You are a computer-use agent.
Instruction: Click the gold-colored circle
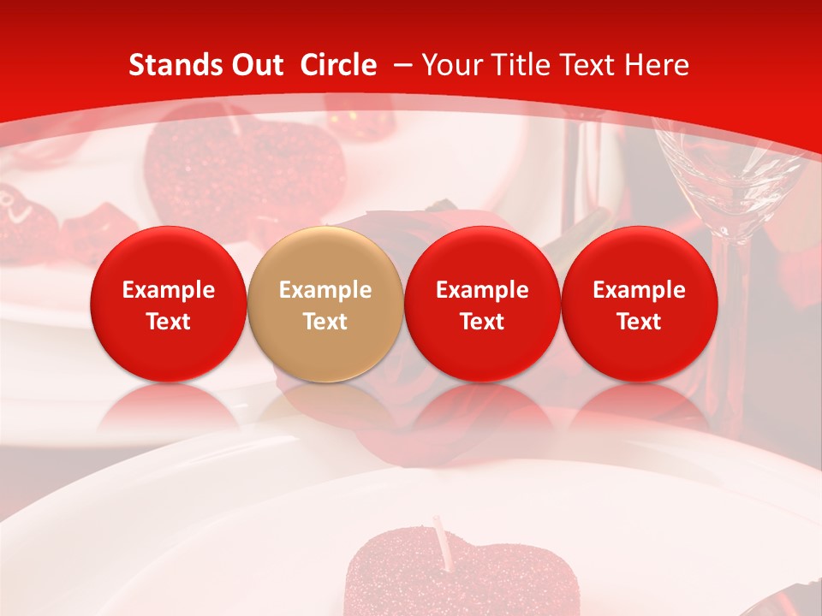[x=325, y=304]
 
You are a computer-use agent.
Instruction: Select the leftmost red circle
[x=168, y=304]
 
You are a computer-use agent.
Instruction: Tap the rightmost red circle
[x=639, y=304]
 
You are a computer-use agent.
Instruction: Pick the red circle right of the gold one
[x=482, y=304]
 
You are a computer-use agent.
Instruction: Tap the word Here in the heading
[x=658, y=65]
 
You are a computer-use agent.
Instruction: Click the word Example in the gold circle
[x=325, y=290]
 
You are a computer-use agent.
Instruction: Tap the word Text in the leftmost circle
[x=168, y=322]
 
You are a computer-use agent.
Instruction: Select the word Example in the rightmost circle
[x=639, y=290]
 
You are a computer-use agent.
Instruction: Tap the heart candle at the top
[x=244, y=171]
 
